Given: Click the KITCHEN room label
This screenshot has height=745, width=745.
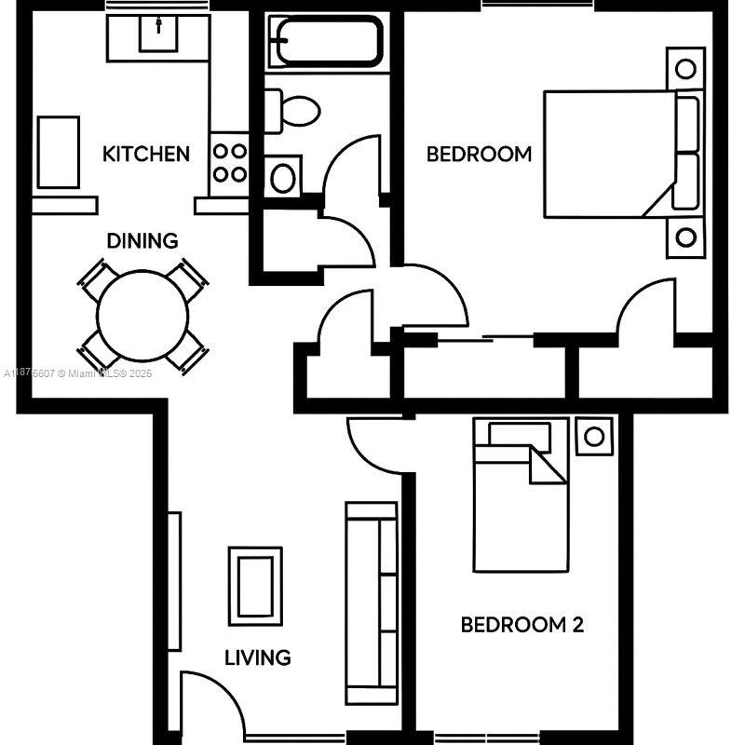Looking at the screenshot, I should coord(146,154).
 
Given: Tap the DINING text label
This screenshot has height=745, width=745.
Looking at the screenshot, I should coord(142,241).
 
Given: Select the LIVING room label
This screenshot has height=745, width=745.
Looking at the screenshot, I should coord(257,657).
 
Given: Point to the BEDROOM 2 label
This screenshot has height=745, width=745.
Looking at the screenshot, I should coord(521,624).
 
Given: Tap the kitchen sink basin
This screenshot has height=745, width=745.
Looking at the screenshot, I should coord(159,34).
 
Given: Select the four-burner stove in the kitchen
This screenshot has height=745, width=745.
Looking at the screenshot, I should coord(229,162).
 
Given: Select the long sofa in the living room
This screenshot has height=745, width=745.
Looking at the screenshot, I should coord(372,603).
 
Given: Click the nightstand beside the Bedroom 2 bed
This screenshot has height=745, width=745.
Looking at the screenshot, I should coord(593,435).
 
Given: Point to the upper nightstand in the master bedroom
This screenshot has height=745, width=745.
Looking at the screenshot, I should coord(685,68).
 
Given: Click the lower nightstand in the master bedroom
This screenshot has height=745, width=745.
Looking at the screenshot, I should coord(685,237).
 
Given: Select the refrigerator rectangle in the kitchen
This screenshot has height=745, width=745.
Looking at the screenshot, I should coord(58,152).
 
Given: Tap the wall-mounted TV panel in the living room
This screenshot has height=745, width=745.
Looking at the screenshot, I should coord(173,581).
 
